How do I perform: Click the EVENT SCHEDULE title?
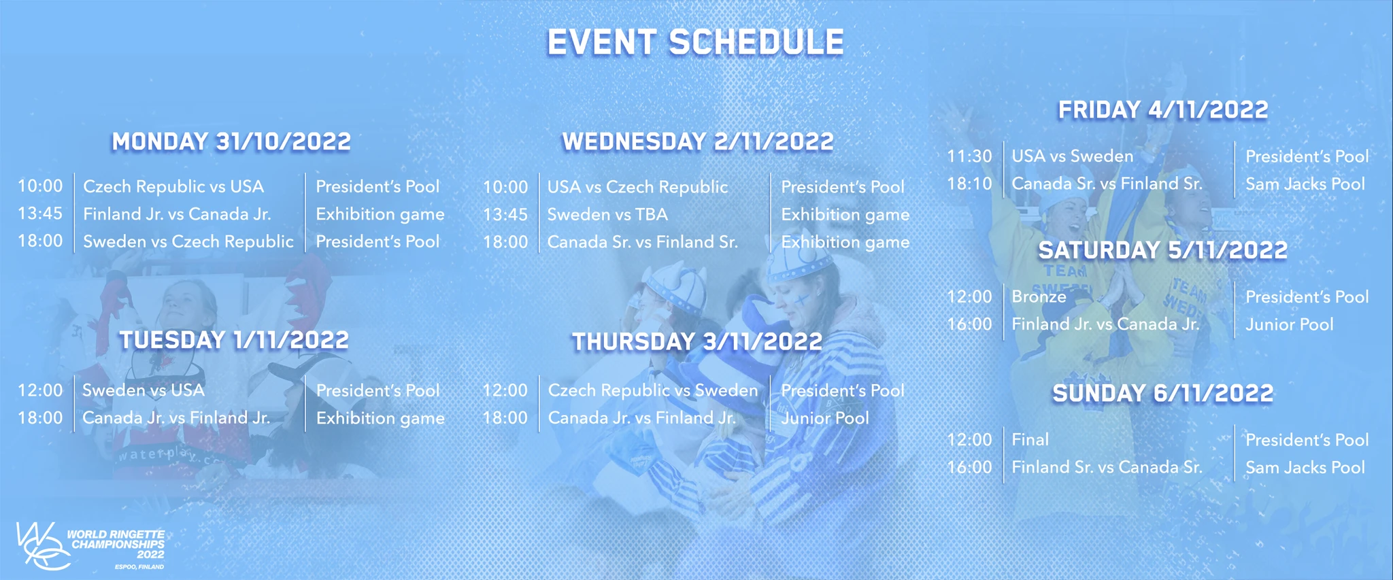pos(696,42)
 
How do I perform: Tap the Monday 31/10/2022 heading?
pos(231,141)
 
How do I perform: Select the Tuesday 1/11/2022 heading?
pos(234,340)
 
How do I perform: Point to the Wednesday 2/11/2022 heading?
pos(698,141)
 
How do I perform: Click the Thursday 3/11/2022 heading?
pos(697,341)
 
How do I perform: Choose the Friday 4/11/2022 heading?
pos(1163,109)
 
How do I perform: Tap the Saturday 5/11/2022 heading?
pos(1163,250)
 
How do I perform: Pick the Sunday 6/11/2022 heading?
pos(1163,393)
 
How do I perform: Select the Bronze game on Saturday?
pos(1039,296)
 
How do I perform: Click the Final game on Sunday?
pos(1030,439)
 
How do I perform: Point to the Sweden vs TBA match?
pos(607,214)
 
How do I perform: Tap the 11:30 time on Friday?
pos(969,156)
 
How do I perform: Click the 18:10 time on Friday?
pos(969,184)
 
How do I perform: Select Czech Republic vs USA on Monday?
pos(173,186)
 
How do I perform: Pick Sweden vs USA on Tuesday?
pos(144,390)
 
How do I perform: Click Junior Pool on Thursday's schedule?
pos(825,417)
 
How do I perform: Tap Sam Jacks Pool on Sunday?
pos(1305,467)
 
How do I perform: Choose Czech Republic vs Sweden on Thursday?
pos(653,390)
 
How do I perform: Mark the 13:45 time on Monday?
pos(40,214)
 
